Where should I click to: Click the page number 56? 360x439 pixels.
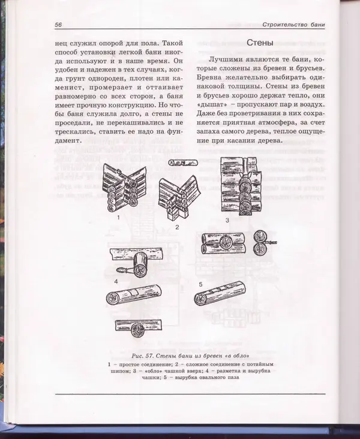click(59, 25)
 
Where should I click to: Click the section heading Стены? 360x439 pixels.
click(260, 44)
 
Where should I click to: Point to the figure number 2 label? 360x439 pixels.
click(178, 228)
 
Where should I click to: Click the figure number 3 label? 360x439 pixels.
click(227, 220)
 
